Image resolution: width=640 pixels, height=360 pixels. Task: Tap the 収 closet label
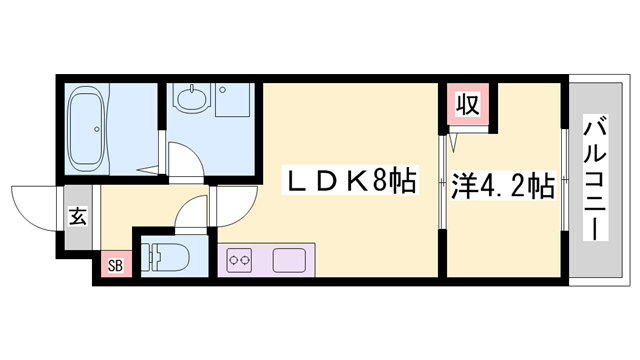(466, 103)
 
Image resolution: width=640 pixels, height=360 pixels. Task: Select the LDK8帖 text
(350, 184)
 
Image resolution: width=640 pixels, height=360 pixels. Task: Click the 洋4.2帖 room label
(502, 185)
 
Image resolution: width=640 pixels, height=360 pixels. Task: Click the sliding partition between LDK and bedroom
(442, 185)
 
